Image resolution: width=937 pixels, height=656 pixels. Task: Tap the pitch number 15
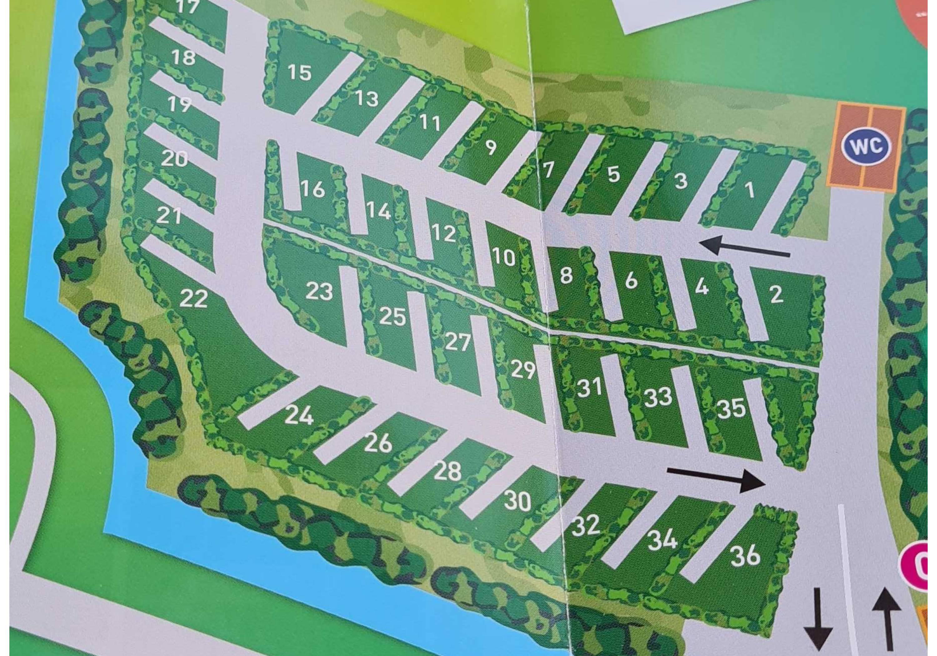click(x=300, y=73)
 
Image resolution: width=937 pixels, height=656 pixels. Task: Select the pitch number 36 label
click(x=745, y=556)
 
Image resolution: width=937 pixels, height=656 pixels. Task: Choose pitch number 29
click(x=523, y=370)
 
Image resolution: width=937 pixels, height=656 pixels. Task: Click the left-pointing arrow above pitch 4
click(x=744, y=247)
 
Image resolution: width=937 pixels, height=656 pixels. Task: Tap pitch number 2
click(x=776, y=294)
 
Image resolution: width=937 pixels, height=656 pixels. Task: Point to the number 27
click(x=458, y=342)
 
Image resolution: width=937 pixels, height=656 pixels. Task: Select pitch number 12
click(x=443, y=233)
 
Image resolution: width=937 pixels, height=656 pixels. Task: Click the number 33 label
click(x=658, y=397)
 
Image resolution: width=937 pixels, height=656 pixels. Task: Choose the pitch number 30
click(x=518, y=500)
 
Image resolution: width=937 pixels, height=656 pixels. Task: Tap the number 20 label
click(x=174, y=158)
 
